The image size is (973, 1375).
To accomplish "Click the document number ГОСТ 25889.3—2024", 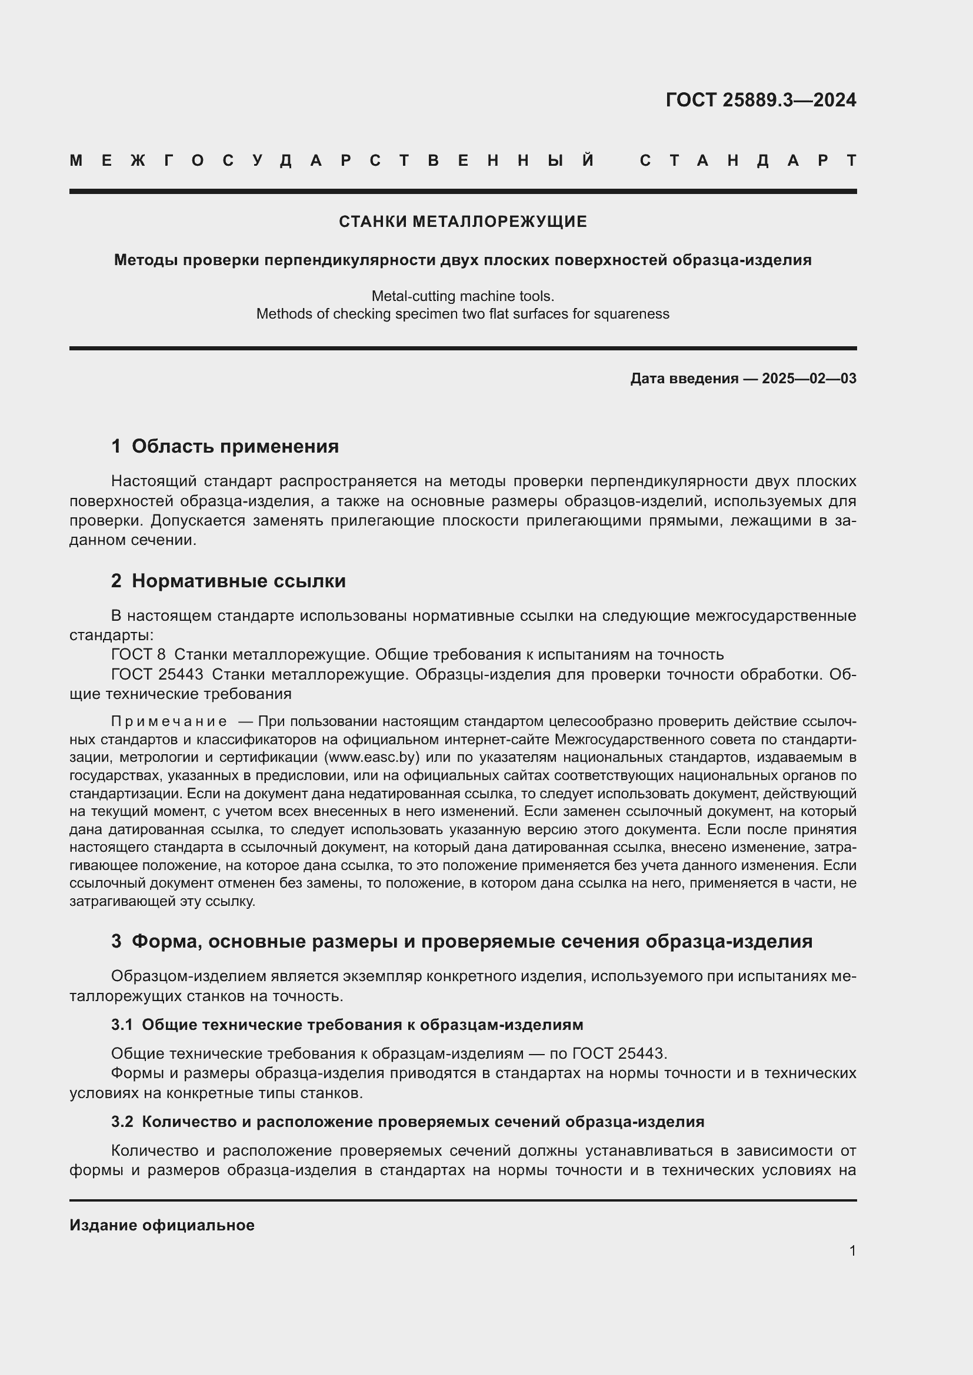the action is pos(760,100).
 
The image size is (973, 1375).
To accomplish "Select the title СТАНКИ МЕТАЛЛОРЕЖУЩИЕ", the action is pos(462,222).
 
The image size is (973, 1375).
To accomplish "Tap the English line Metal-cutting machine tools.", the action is pos(462,296).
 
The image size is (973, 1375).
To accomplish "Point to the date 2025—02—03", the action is pos(809,379).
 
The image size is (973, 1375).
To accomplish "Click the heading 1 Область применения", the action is pos(225,446).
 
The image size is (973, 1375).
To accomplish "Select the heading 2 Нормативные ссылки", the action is pos(228,581).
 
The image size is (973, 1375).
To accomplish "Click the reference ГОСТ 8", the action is pos(138,654).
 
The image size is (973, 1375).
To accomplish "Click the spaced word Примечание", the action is pos(169,721).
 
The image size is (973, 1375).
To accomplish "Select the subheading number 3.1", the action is pos(122,1025).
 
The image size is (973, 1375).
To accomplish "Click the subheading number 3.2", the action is pos(122,1122).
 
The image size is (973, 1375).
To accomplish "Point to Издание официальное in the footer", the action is pos(162,1225).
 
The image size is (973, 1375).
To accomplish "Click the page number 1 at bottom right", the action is pos(852,1250).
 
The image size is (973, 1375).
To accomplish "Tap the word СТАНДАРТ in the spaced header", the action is pos(748,160).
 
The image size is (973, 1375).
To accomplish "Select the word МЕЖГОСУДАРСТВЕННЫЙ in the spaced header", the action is pos(332,160).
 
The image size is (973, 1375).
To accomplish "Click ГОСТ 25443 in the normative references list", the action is pos(157,674).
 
